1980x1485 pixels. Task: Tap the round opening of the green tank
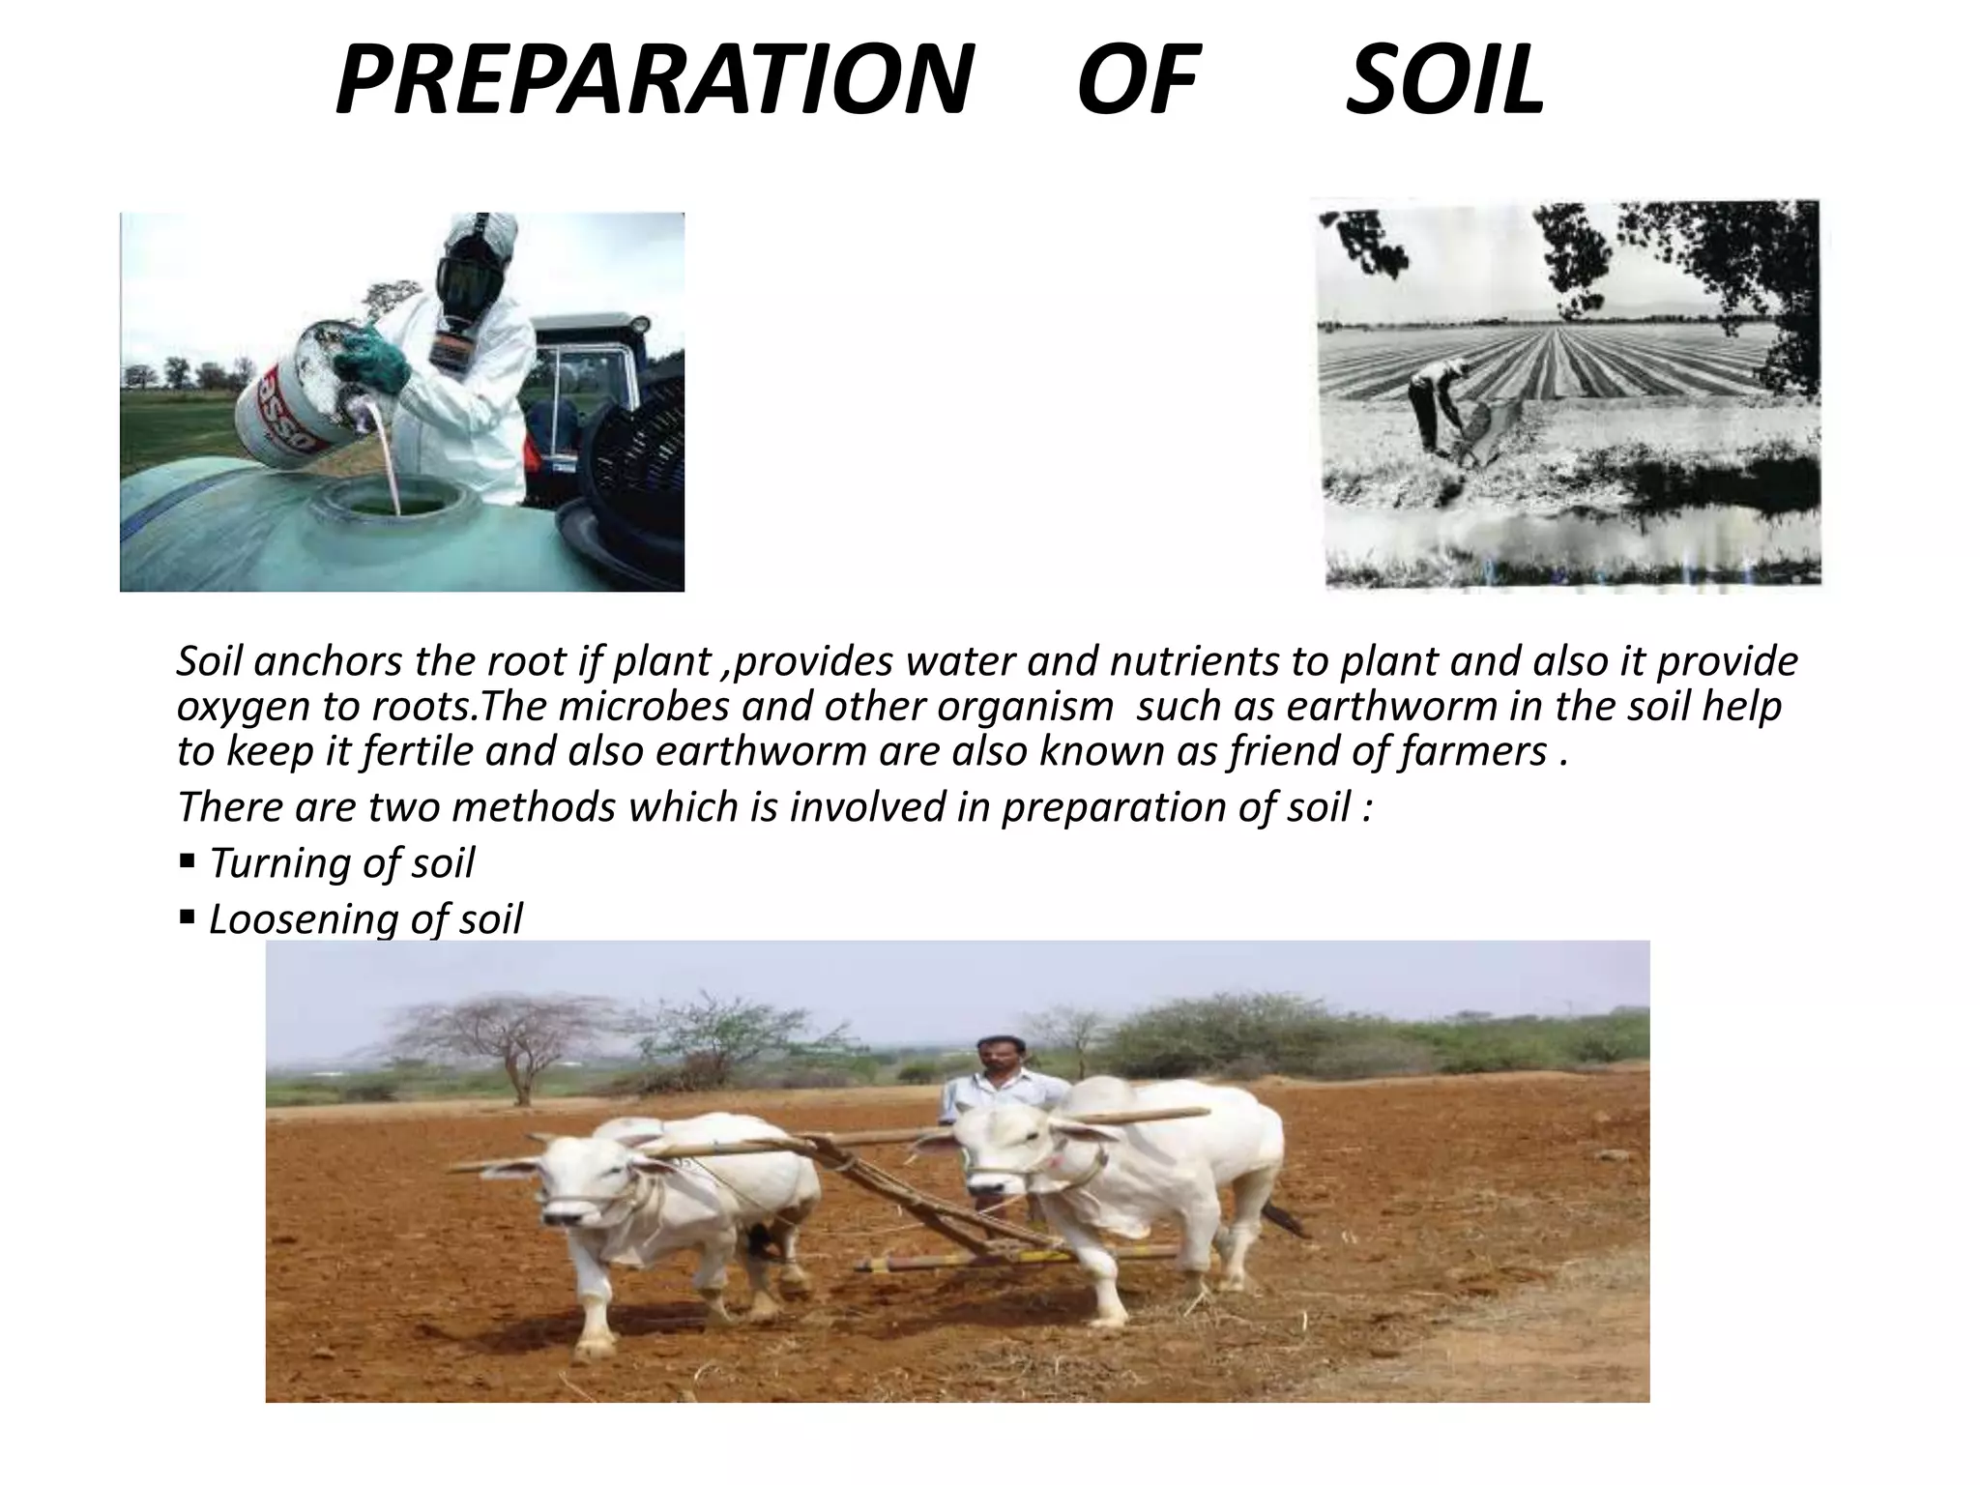[x=399, y=502]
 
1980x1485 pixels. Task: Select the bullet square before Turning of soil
[x=188, y=859]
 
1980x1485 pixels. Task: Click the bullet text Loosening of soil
[x=365, y=918]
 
